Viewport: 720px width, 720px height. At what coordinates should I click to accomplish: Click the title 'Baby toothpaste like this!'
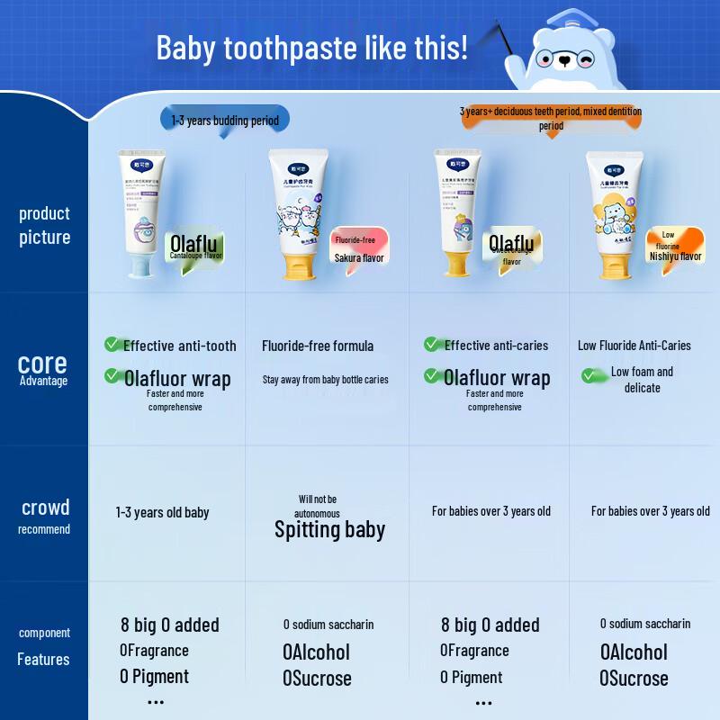[x=311, y=47]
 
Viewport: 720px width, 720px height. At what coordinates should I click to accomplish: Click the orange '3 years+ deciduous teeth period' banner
[x=551, y=118]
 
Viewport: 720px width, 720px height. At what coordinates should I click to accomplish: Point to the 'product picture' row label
[x=44, y=225]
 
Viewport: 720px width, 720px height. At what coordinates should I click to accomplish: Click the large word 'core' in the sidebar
[x=42, y=363]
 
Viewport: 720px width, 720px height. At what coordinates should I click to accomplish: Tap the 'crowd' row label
[x=45, y=507]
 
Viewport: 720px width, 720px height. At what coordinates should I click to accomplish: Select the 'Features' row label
[x=43, y=660]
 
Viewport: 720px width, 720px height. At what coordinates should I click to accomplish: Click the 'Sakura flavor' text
[x=359, y=258]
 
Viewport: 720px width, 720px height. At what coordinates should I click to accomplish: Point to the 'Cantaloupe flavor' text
[x=195, y=256]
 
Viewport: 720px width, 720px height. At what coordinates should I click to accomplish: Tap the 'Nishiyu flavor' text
[x=675, y=256]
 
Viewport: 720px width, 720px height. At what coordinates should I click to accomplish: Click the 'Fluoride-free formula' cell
[x=318, y=346]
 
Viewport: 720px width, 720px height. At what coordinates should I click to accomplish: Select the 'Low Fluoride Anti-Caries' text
[x=634, y=346]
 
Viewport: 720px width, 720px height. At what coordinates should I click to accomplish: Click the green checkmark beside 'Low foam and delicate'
[x=590, y=374]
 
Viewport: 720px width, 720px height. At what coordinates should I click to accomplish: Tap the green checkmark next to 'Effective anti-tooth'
[x=112, y=345]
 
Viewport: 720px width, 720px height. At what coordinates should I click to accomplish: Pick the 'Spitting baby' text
[x=329, y=529]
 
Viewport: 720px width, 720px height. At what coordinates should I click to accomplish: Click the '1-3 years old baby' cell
[x=162, y=512]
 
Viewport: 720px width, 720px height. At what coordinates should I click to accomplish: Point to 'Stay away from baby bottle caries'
[x=326, y=380]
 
